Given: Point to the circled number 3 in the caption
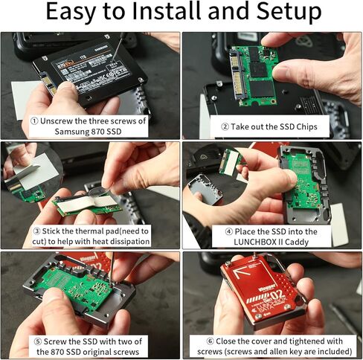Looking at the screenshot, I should coord(36,230).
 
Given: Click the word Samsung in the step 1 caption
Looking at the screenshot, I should coord(71,132).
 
